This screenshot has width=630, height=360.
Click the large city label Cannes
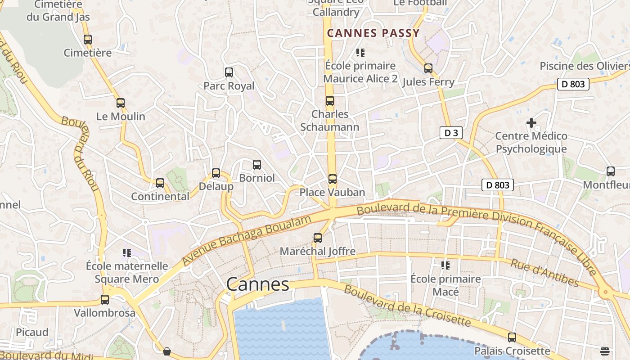pos(257,284)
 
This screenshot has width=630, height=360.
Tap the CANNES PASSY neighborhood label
pos(373,33)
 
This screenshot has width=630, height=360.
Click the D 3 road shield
pos(451,133)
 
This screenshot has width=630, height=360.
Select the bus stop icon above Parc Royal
pos(229,72)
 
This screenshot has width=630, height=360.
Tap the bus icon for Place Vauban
pos(333,179)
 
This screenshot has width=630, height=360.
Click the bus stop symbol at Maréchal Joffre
pos(318,238)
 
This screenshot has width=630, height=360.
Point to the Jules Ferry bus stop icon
pos(428,68)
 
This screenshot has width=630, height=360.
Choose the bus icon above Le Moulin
pos(121,103)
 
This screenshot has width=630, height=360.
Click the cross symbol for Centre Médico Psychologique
pos(531,122)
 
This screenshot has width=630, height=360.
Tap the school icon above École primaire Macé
pos(445,265)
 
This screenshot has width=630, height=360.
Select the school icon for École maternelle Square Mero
pos(127,253)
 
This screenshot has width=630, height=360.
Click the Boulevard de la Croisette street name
pos(407,306)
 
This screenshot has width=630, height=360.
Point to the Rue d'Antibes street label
pos(544,273)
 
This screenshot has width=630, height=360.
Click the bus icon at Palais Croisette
pos(512,337)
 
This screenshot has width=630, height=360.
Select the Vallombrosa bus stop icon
pos(105,300)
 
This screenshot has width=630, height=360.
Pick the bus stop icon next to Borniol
pos(257,165)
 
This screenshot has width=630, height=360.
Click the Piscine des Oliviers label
pos(584,66)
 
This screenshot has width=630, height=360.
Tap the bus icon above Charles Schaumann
pos(330,101)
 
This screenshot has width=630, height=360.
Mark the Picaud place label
pos(32,333)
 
